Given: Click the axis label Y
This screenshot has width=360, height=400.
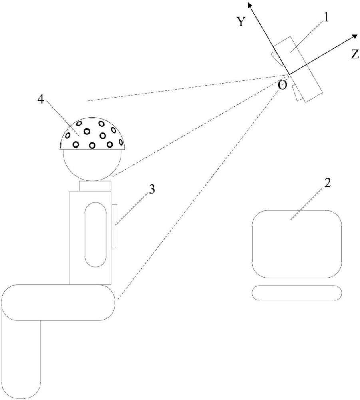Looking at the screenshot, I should [x=241, y=22].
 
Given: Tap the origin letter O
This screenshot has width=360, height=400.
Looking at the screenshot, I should [x=282, y=85].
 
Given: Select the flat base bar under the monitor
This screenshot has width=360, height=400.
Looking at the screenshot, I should [x=297, y=293].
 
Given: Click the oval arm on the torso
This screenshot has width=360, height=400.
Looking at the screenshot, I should [x=95, y=234].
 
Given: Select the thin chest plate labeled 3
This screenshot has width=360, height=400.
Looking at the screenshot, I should [x=115, y=226].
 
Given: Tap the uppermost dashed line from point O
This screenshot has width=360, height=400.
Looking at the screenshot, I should [x=180, y=88].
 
